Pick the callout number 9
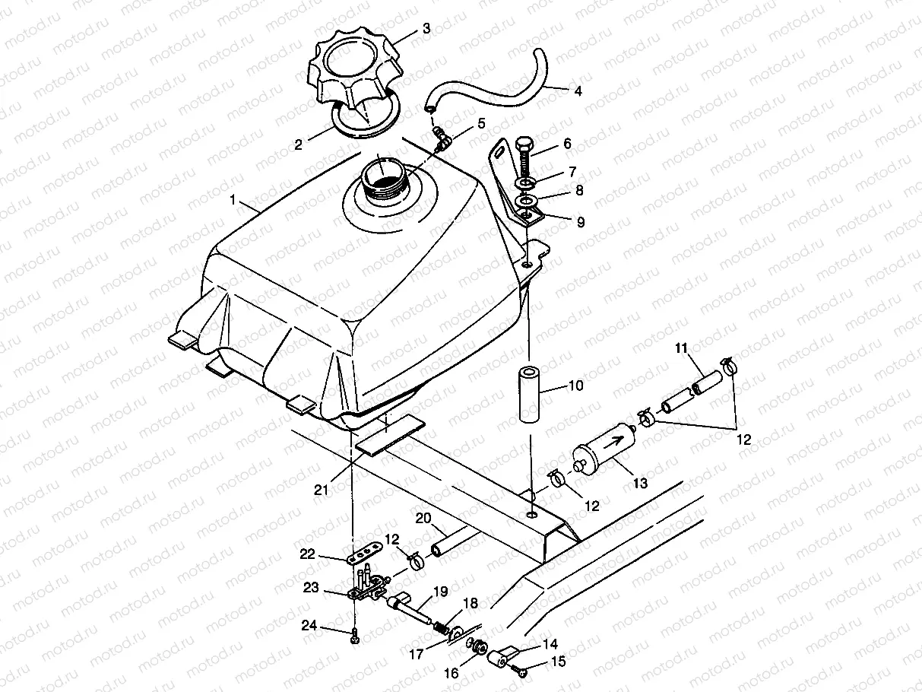pyautogui.click(x=580, y=223)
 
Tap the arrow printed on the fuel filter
pyautogui.click(x=616, y=439)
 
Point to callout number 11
pyautogui.click(x=681, y=348)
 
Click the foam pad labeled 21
pyautogui.click(x=387, y=436)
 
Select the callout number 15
pyautogui.click(x=558, y=662)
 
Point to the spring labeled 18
pyautogui.click(x=440, y=625)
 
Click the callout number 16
pyautogui.click(x=451, y=673)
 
